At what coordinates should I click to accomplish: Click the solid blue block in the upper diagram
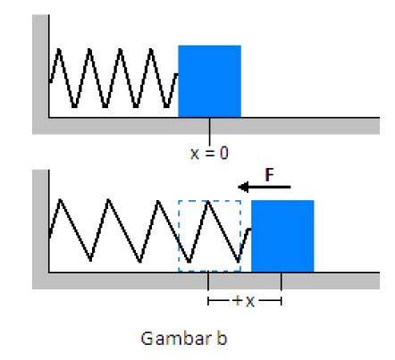tap(209, 81)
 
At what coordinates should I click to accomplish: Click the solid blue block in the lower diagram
tap(282, 236)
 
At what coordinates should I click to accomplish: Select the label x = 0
tap(209, 154)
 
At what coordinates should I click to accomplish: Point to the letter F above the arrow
tap(269, 175)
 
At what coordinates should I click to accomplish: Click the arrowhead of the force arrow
tap(243, 187)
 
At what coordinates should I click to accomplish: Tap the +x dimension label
tap(244, 301)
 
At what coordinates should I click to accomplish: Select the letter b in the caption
tap(221, 338)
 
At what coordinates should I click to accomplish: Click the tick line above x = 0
tap(209, 131)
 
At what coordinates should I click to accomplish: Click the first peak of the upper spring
tap(59, 49)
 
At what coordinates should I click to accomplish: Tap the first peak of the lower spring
tap(61, 200)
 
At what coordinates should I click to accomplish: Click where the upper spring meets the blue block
tap(178, 74)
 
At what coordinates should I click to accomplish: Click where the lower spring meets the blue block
tap(250, 229)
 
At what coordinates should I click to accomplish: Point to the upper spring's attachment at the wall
tap(49, 81)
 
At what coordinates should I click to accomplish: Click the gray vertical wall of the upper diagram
tap(40, 74)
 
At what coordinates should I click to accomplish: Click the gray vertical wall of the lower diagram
tap(40, 230)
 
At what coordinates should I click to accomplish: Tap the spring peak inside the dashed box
tap(208, 202)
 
